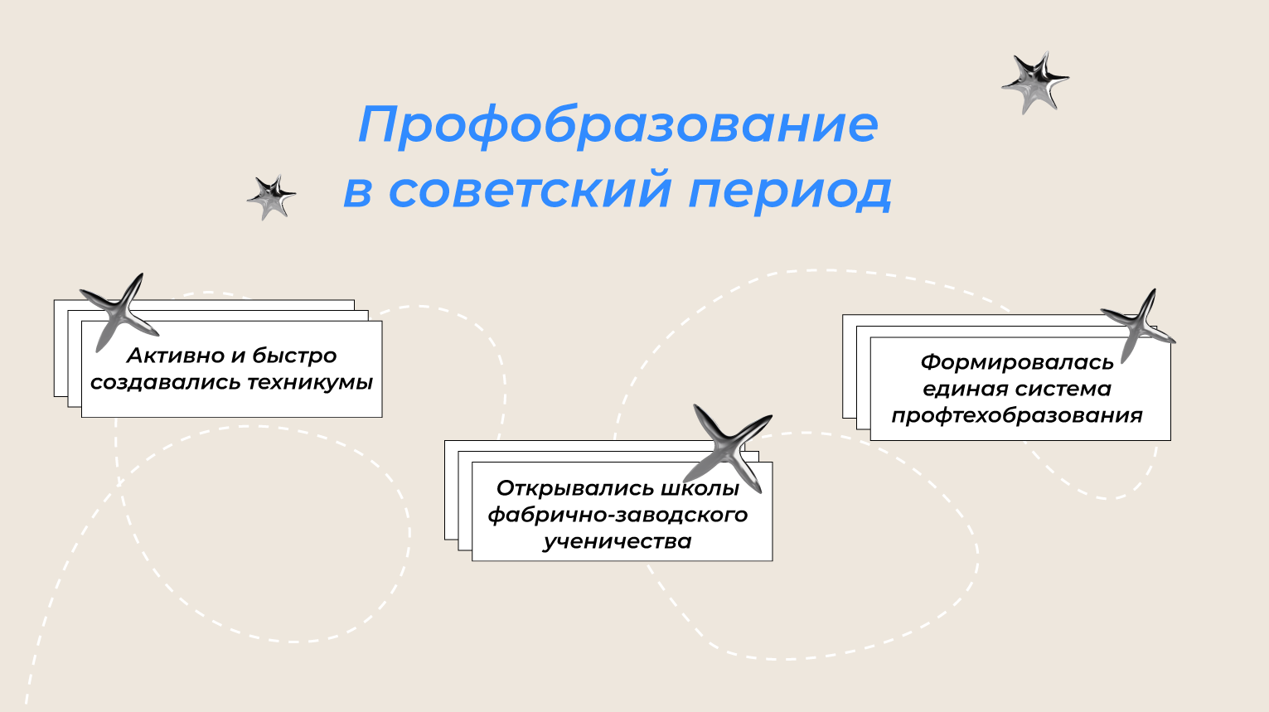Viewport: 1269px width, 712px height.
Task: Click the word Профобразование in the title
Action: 618,124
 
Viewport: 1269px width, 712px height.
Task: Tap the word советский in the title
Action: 530,190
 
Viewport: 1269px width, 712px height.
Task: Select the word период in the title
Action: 789,191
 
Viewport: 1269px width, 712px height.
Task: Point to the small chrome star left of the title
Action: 271,197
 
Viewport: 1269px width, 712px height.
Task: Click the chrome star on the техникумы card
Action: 119,310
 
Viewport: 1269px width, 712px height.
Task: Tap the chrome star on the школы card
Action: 729,446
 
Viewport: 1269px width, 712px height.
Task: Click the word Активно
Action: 175,356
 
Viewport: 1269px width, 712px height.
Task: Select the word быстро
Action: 294,356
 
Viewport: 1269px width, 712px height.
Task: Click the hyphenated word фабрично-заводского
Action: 618,515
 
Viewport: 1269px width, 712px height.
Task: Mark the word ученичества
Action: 618,541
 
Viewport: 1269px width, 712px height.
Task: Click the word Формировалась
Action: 1017,362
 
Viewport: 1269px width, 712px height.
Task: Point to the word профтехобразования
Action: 1017,415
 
